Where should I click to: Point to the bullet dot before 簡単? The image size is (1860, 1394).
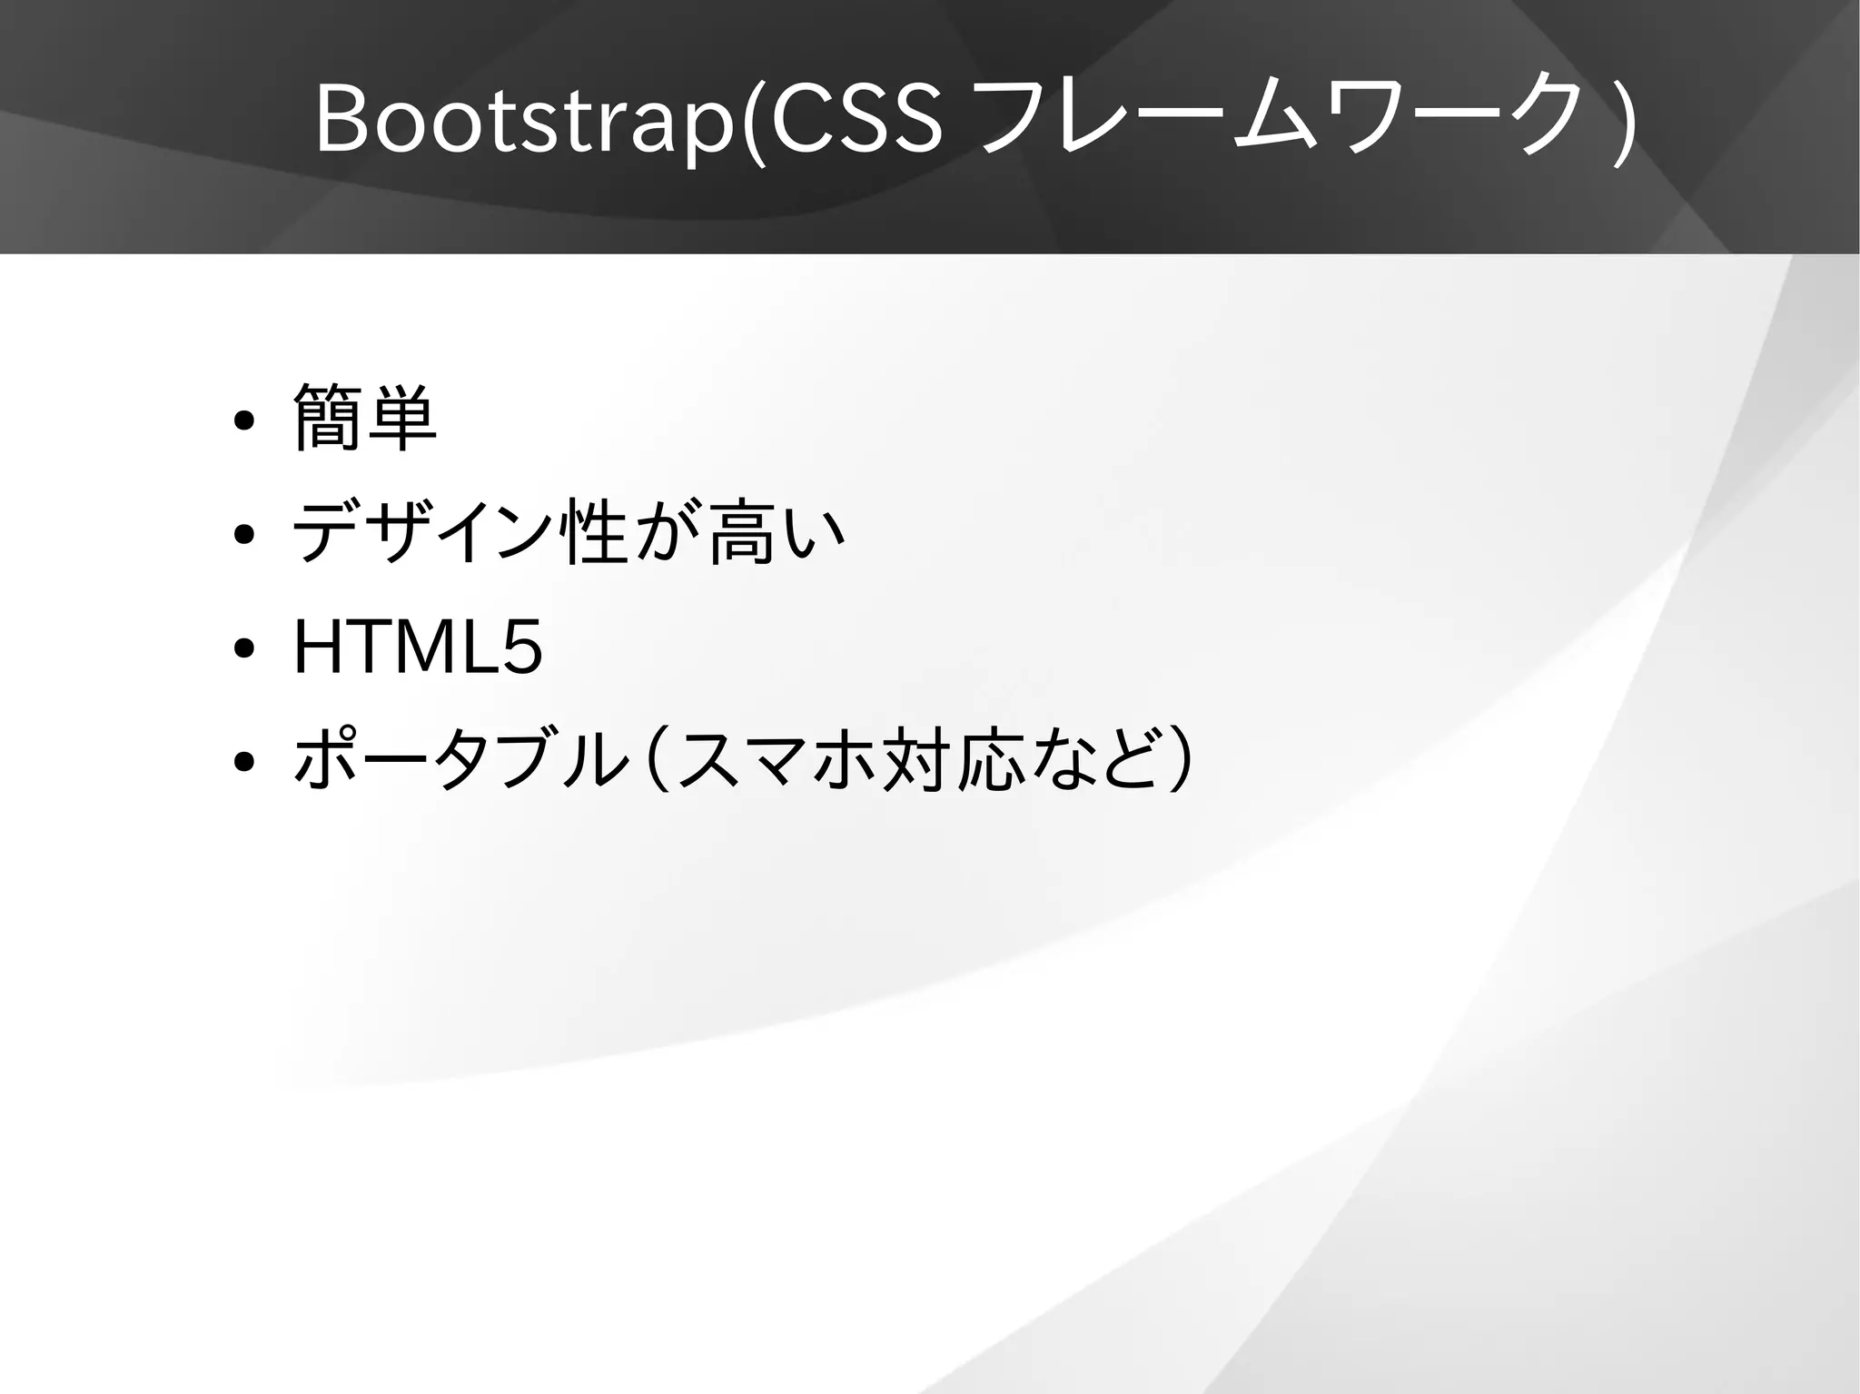(x=242, y=422)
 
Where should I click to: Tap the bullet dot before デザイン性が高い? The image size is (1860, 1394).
(x=242, y=535)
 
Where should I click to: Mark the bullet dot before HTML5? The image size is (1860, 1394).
(x=242, y=648)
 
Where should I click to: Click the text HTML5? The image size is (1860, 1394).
(x=418, y=647)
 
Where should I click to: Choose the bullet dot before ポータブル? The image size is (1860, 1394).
(x=242, y=762)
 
